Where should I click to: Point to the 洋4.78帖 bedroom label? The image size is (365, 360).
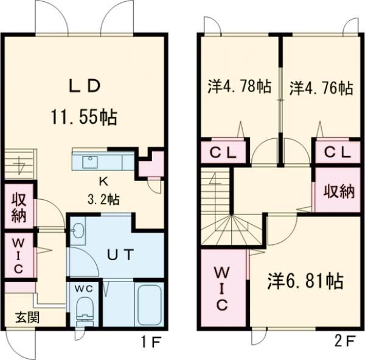[x=238, y=87]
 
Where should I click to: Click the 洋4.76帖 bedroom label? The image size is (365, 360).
[x=320, y=87]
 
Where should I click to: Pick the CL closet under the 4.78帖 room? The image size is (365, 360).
[x=223, y=152]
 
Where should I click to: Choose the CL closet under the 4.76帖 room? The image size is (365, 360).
[x=337, y=152]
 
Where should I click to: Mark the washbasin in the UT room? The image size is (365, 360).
[x=78, y=231]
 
